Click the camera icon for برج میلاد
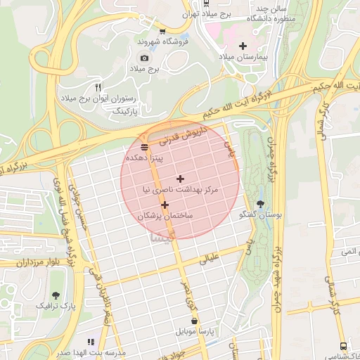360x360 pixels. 144,58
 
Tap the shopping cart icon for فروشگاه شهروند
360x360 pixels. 162,31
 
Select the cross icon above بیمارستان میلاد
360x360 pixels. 243,46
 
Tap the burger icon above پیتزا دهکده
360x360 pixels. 144,147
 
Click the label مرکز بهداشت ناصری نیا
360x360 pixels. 181,190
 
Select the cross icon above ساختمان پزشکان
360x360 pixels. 165,205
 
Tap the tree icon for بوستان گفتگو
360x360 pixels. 261,204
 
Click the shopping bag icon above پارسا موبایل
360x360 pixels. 194,320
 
